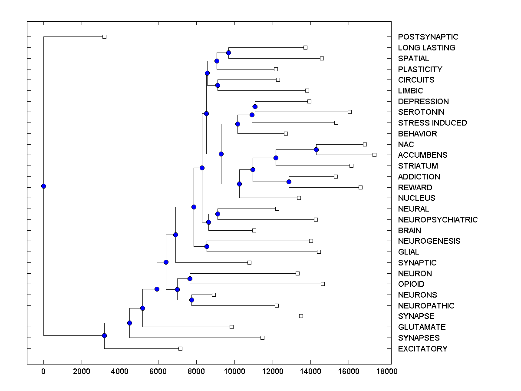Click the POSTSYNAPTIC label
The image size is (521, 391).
coord(428,37)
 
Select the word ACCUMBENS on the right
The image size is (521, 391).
coord(422,155)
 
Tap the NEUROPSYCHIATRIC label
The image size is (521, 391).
coord(438,220)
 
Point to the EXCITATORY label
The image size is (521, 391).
coord(422,349)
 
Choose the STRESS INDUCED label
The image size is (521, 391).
coord(432,123)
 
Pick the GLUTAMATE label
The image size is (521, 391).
coord(422,327)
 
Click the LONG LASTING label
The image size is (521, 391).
coord(426,48)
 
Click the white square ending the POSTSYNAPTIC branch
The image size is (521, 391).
coord(104,36)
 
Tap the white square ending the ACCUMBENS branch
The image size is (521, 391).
coord(374,155)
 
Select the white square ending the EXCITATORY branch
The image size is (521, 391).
coord(180,348)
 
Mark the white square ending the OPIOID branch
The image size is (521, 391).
coord(323,284)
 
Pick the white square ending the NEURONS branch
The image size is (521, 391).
coord(214,295)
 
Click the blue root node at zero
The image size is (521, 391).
coord(43,186)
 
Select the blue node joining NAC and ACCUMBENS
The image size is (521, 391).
coord(316,149)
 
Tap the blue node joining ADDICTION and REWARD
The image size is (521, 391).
coord(289,182)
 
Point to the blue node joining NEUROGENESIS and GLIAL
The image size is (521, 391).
coord(207,246)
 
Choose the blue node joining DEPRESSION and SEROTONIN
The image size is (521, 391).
coord(255,106)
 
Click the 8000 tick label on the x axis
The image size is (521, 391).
coord(196,371)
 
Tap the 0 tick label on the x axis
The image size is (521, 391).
coord(43,371)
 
